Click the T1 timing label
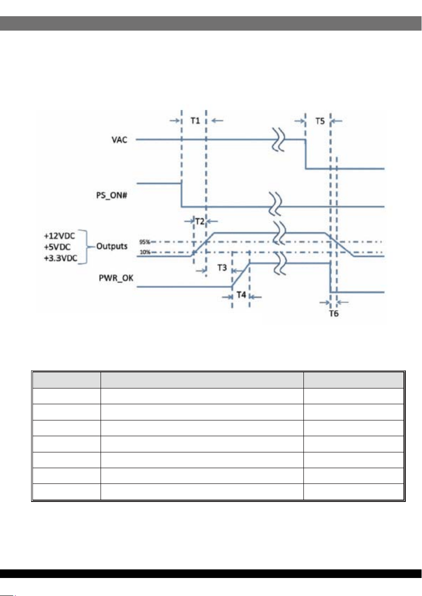(x=195, y=121)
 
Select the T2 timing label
(x=200, y=221)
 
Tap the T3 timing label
(x=222, y=267)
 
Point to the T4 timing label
(x=241, y=295)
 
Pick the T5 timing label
(x=320, y=122)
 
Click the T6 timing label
(x=334, y=314)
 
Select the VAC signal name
(x=119, y=140)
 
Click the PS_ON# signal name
(x=112, y=195)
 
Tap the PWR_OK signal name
(x=116, y=278)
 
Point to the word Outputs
(x=112, y=246)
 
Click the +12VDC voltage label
(x=60, y=236)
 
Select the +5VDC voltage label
(x=57, y=247)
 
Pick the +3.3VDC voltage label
(x=60, y=258)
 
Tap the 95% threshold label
(x=145, y=242)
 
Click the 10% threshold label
(x=145, y=252)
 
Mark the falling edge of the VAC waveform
(x=306, y=154)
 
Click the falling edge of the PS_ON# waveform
(x=181, y=195)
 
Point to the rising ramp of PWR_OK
(x=241, y=275)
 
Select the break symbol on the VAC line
(x=279, y=140)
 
